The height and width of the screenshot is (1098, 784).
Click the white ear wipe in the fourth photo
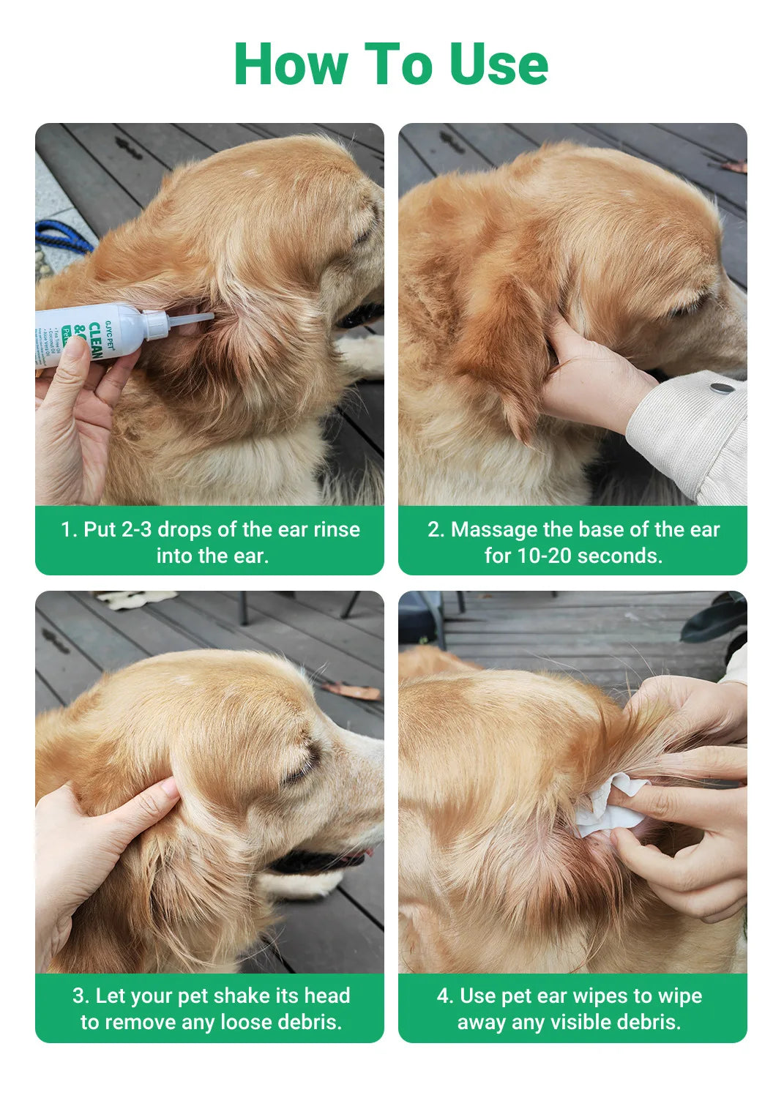coord(608,805)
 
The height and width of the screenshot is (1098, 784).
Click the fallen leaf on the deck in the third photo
coord(352,690)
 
